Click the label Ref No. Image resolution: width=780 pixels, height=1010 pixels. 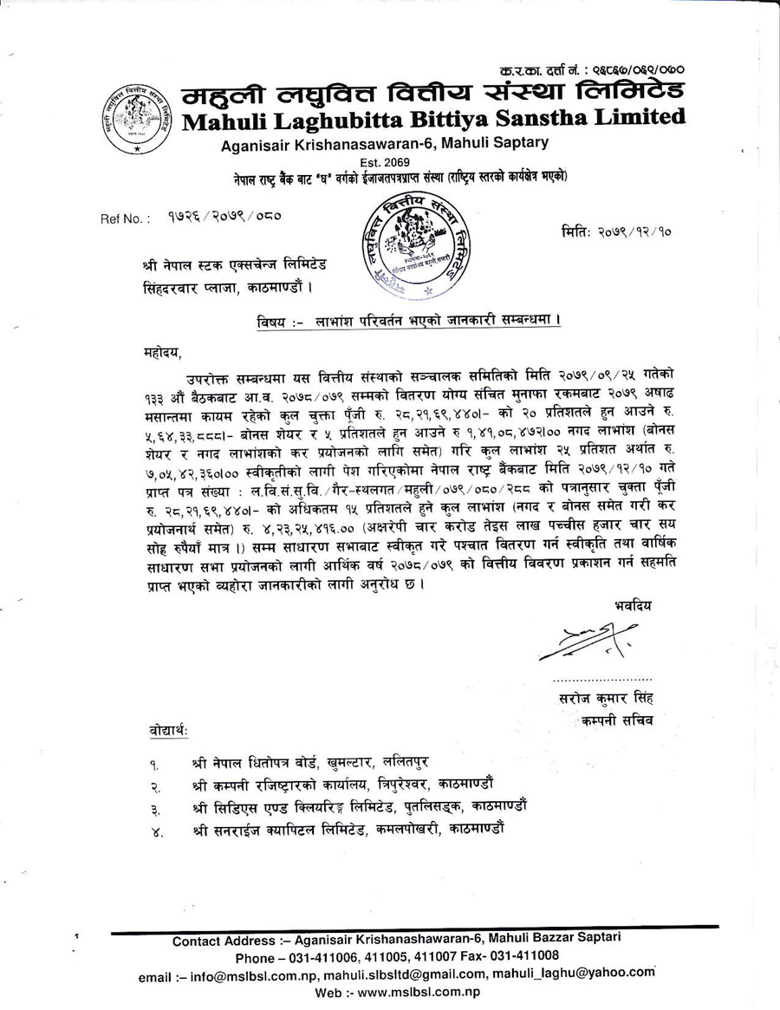(x=126, y=219)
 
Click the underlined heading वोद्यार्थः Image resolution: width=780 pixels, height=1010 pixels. (x=168, y=734)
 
